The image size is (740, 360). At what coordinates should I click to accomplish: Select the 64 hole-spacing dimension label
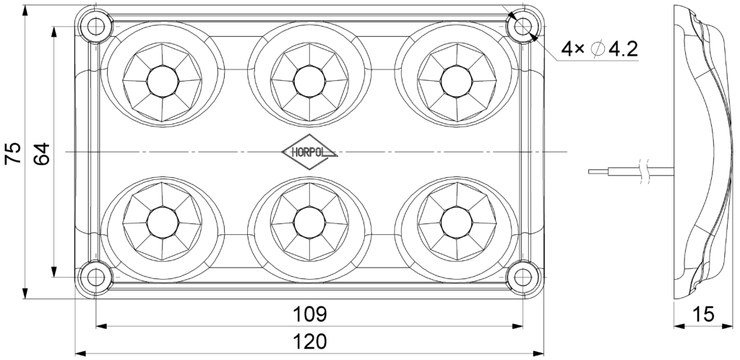pyautogui.click(x=41, y=153)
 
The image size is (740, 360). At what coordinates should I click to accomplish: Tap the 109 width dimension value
pyautogui.click(x=310, y=315)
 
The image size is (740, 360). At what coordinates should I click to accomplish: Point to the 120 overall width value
pyautogui.click(x=310, y=341)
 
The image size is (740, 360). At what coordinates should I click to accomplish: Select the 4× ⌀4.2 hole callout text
pyautogui.click(x=600, y=49)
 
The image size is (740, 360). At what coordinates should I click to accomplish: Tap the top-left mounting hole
pyautogui.click(x=94, y=27)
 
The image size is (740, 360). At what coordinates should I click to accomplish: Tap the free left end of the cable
pyautogui.click(x=590, y=172)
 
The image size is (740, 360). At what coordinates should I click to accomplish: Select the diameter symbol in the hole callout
pyautogui.click(x=598, y=49)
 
